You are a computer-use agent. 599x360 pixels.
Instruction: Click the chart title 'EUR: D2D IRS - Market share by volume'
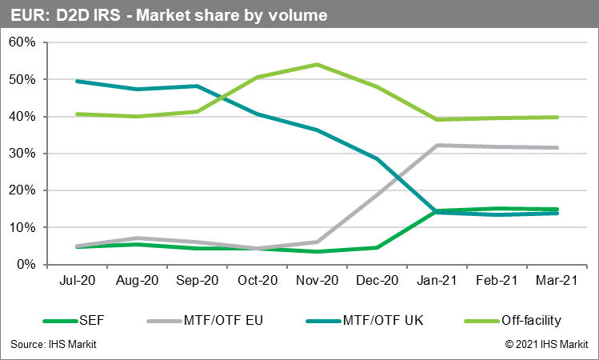[169, 15]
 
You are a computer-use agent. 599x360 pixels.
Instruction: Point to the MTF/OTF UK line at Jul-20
[77, 81]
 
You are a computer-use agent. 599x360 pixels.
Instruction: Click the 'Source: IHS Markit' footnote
[58, 345]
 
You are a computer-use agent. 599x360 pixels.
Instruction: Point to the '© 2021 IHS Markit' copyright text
[546, 345]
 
